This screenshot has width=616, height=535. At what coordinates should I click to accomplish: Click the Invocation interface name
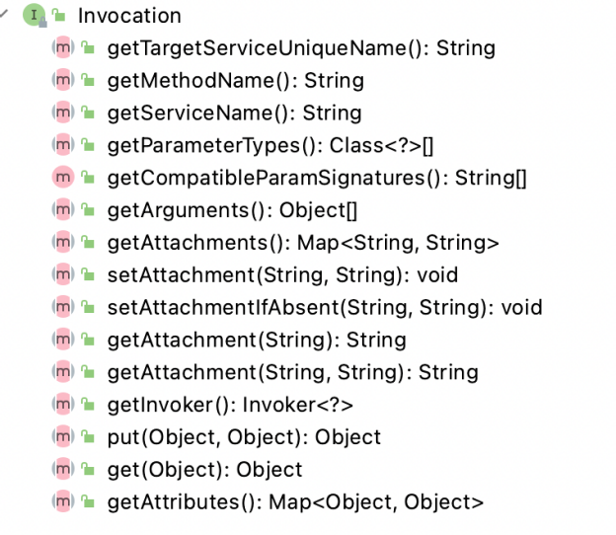(129, 16)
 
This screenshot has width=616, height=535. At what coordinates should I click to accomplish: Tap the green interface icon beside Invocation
(34, 15)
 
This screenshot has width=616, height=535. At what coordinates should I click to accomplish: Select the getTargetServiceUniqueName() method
(301, 48)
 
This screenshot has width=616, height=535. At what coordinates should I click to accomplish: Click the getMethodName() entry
(236, 81)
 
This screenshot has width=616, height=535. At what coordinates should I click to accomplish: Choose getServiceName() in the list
(235, 114)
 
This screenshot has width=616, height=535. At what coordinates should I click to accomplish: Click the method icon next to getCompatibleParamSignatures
(63, 178)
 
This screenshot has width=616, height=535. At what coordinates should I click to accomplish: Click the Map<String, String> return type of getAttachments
(398, 243)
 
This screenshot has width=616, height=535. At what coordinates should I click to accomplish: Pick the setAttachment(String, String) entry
(283, 275)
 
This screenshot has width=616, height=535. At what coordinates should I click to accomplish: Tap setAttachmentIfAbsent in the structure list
(223, 307)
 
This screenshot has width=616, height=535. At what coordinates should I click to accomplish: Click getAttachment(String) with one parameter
(257, 340)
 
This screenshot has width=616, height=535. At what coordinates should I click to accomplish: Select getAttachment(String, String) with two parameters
(293, 372)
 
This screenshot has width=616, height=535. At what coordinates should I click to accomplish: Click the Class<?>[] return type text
(381, 146)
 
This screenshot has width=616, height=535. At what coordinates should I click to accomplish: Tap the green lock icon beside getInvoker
(88, 404)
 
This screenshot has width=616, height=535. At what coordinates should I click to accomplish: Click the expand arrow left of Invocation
(4, 14)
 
